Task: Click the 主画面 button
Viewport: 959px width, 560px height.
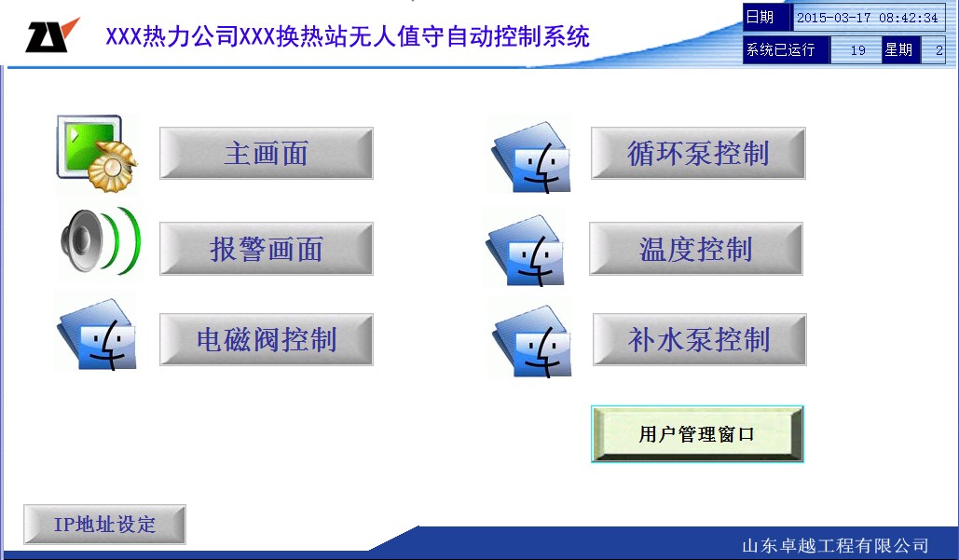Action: click(266, 153)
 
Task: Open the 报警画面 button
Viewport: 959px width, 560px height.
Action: click(266, 248)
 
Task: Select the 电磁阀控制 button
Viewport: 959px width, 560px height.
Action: click(266, 339)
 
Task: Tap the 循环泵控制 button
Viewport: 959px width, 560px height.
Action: click(698, 153)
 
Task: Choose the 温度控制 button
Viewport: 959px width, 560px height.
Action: click(696, 248)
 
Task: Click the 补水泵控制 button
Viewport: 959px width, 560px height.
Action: click(700, 339)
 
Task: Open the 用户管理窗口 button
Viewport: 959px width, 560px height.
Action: click(697, 434)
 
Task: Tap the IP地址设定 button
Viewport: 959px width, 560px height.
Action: click(104, 524)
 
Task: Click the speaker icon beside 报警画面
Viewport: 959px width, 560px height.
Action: click(101, 241)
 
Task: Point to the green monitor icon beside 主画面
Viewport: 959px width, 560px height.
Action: click(97, 153)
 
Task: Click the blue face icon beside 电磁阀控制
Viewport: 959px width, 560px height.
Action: click(97, 335)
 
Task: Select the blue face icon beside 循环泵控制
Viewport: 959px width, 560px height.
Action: click(532, 157)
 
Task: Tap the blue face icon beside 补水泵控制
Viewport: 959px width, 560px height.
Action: click(532, 341)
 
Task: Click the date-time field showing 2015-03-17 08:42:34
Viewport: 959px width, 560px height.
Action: click(868, 18)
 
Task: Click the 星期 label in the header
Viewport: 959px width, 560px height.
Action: click(898, 49)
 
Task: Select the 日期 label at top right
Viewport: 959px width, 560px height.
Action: click(760, 17)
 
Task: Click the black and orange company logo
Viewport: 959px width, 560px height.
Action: click(51, 35)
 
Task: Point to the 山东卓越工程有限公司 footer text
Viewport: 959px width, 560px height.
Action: click(835, 545)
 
